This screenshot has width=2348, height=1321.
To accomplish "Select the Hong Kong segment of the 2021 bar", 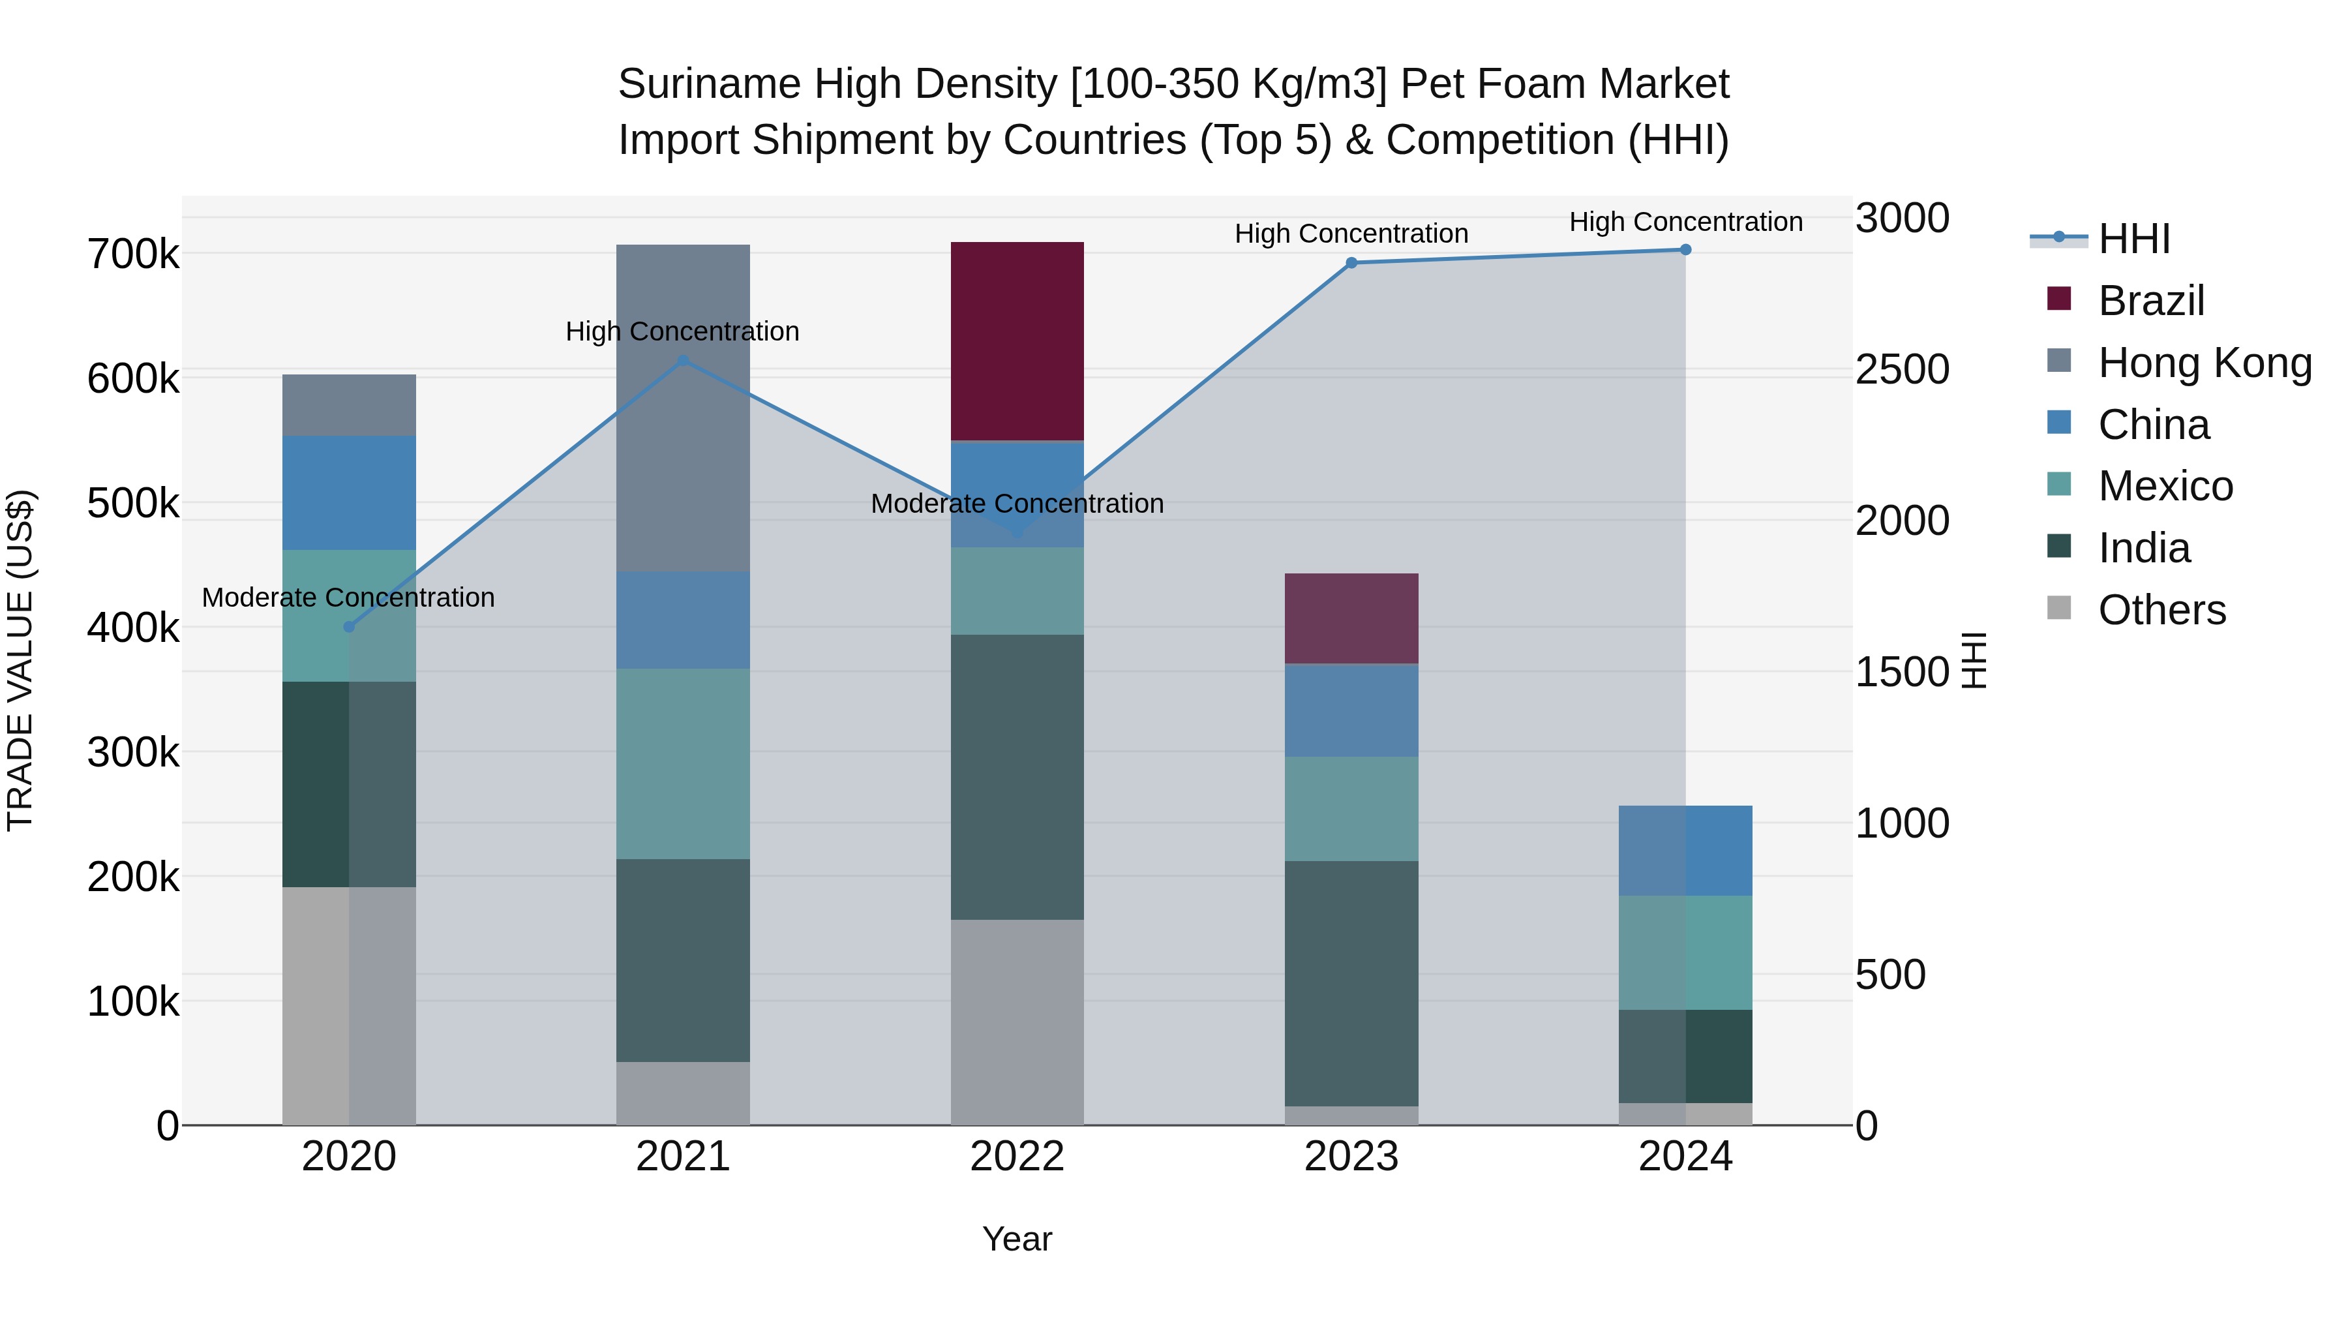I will [683, 408].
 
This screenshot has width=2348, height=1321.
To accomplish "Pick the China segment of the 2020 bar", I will [349, 493].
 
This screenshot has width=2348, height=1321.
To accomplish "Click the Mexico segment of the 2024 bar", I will [1685, 952].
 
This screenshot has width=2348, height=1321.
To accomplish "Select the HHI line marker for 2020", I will [349, 626].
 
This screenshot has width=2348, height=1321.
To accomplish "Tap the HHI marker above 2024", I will [1685, 249].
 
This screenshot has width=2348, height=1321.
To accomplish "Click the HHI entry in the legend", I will [2133, 239].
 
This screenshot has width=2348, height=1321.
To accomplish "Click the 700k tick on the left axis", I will [133, 254].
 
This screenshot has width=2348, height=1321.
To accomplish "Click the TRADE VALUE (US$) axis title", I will [20, 660].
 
